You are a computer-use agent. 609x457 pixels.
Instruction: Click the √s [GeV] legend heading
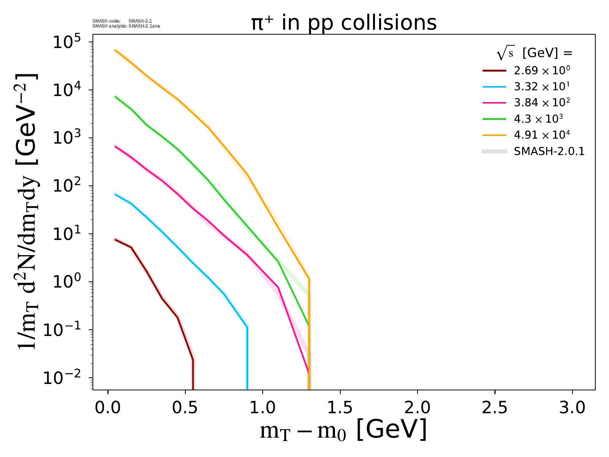pos(534,54)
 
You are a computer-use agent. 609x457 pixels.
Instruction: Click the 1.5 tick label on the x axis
pos(340,408)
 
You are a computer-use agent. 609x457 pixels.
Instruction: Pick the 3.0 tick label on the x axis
pos(572,408)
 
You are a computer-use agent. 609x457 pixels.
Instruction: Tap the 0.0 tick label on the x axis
pos(108,408)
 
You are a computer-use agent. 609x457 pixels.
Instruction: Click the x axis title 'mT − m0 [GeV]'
pos(343,430)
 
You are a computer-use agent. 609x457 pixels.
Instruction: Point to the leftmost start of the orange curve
pos(116,50)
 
